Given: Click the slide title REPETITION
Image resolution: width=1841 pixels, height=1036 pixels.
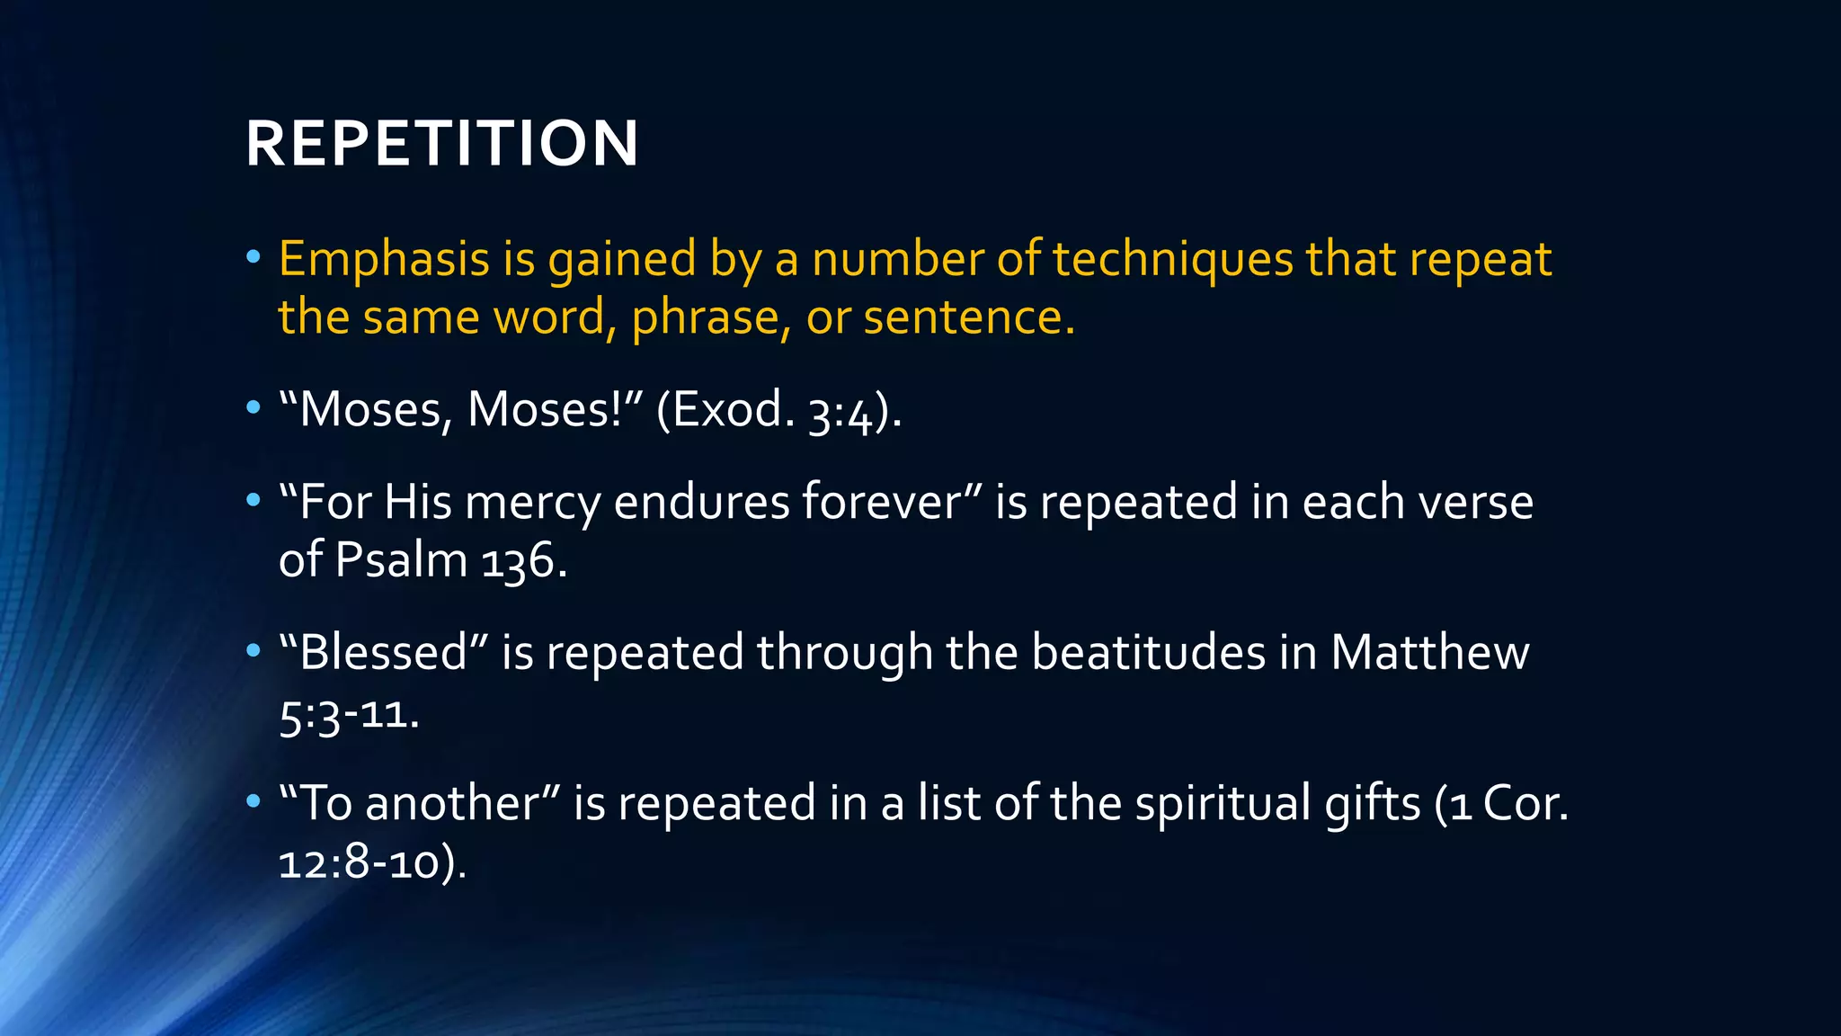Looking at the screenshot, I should [441, 144].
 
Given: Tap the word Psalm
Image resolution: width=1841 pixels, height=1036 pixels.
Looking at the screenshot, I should [401, 561].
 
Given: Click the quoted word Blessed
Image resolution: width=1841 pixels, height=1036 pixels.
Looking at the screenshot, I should [383, 652].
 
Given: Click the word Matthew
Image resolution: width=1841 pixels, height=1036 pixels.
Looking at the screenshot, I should [1429, 652].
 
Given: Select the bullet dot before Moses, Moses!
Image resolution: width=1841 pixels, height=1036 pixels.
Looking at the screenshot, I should [253, 409].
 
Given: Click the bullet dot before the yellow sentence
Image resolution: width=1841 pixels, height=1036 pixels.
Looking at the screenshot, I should [253, 258].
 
